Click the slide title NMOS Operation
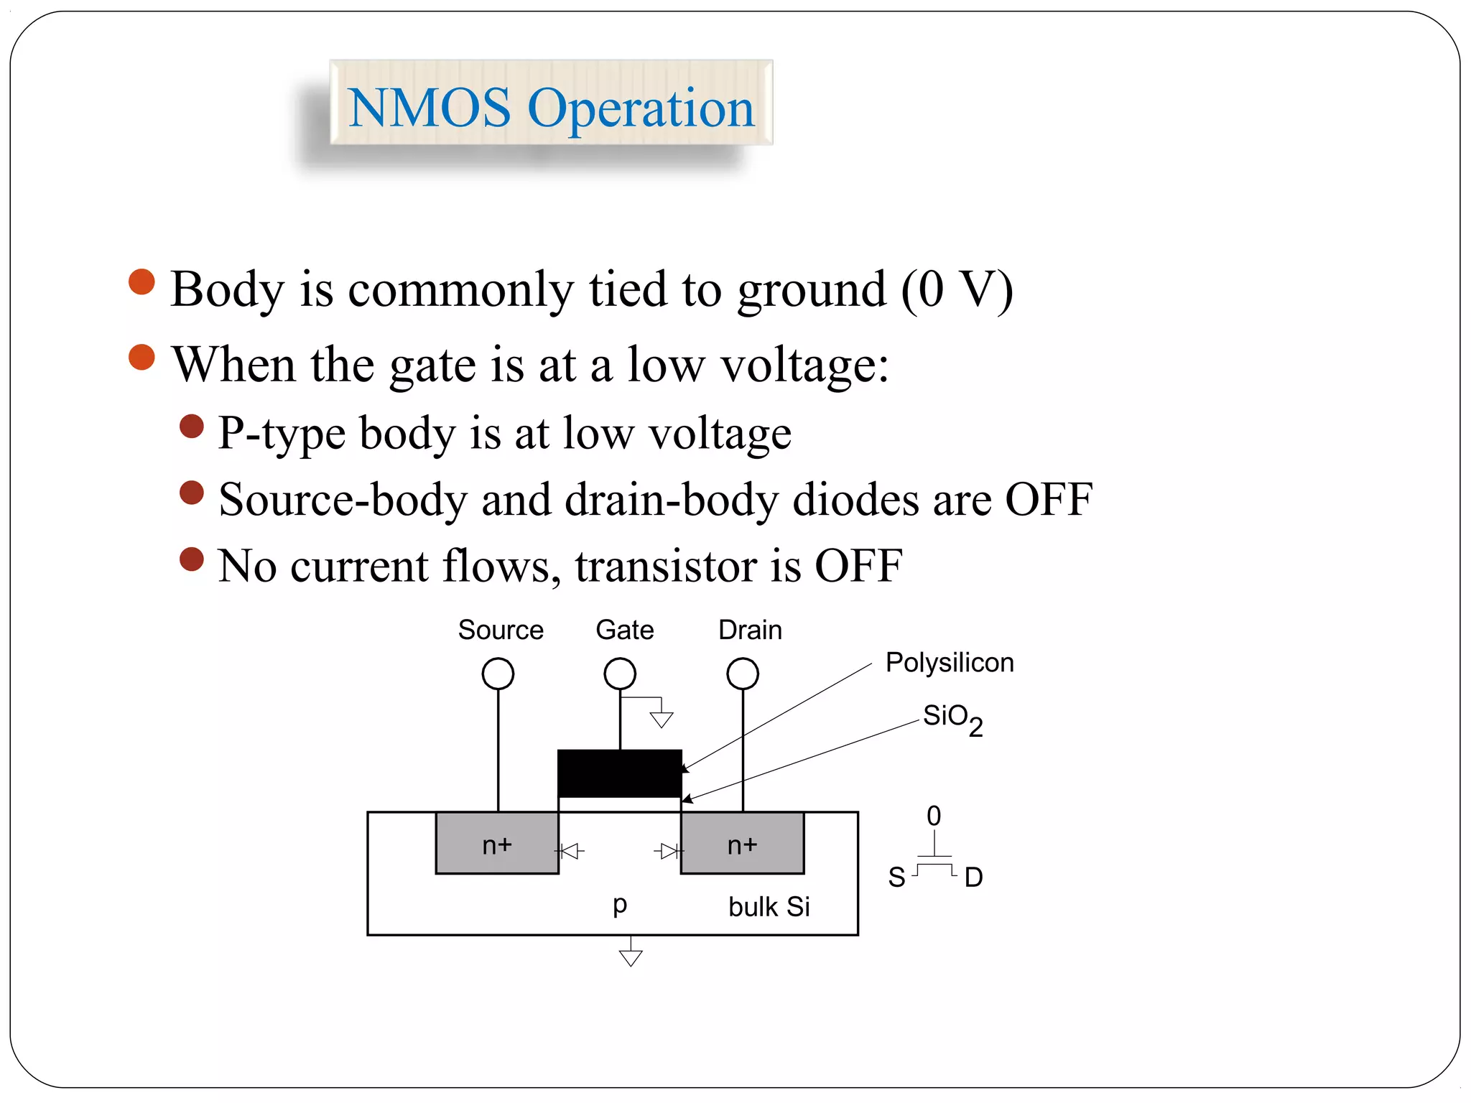[551, 108]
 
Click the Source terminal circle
[498, 674]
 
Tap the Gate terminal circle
[620, 674]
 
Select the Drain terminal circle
[743, 674]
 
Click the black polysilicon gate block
[620, 773]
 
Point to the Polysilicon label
[949, 662]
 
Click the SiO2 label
[952, 718]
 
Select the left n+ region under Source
[497, 844]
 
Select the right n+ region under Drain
[742, 844]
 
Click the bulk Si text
[769, 907]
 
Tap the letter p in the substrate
[620, 904]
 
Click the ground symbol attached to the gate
[661, 718]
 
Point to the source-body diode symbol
[570, 852]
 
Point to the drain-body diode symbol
[669, 852]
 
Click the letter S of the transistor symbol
[896, 878]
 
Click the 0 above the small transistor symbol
[934, 816]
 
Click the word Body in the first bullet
[228, 290]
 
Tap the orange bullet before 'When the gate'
[141, 357]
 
